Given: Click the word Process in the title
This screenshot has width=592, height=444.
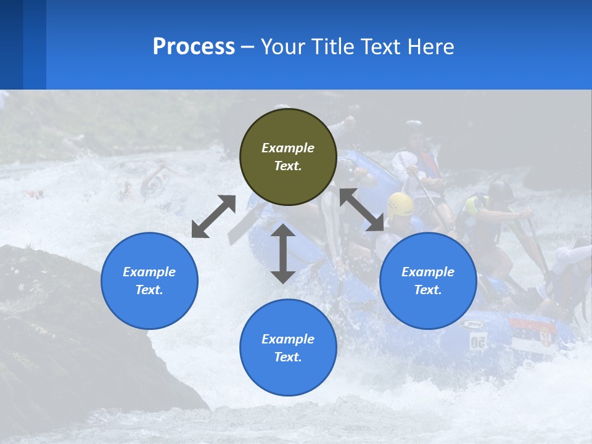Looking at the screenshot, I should (194, 47).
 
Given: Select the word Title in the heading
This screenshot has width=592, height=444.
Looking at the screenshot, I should (334, 47).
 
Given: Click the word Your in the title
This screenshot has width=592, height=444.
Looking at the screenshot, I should (284, 47).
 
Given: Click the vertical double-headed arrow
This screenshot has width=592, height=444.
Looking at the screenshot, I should (283, 253).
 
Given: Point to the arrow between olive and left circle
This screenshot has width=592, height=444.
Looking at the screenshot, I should (213, 216).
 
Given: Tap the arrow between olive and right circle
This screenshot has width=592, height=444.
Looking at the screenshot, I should (362, 210).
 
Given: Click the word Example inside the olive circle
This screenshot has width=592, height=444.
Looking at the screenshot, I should (288, 148).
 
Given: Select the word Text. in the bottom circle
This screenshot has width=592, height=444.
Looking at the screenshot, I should (288, 357).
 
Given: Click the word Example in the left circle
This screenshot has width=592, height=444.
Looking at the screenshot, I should (149, 272).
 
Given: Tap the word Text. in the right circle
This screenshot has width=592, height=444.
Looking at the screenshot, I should (428, 290).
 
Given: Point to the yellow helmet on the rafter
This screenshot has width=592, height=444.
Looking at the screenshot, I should (400, 203).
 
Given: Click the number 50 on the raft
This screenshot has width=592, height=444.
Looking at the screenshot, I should (478, 341).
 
